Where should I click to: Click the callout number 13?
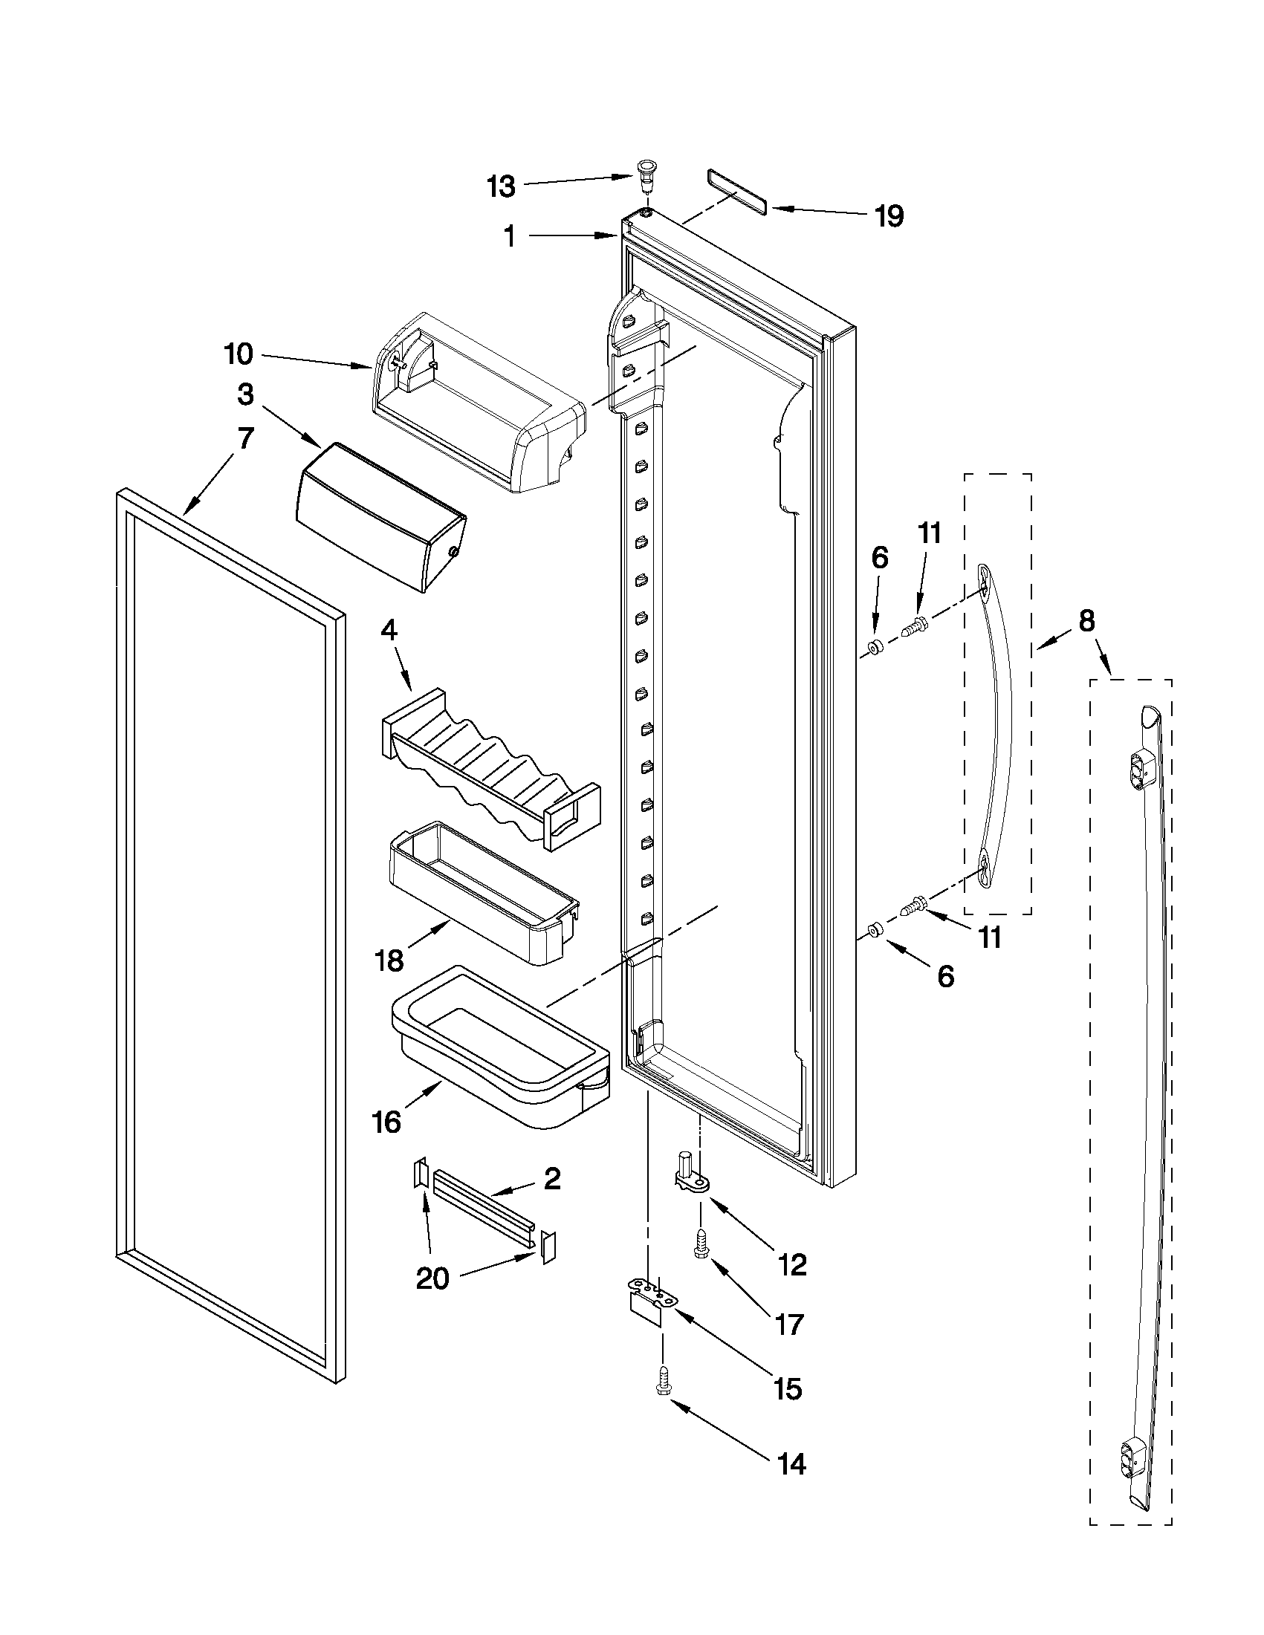pyautogui.click(x=501, y=186)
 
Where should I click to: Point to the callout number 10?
pyautogui.click(x=239, y=354)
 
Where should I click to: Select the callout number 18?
pyautogui.click(x=390, y=960)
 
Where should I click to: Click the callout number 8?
pyautogui.click(x=1086, y=620)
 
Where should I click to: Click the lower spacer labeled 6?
pyautogui.click(x=873, y=931)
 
